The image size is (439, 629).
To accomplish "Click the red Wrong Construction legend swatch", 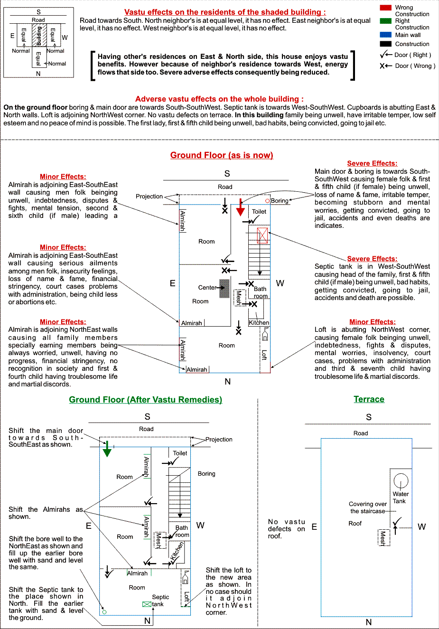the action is (385, 8).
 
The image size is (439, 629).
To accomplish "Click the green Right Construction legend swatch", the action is (385, 21).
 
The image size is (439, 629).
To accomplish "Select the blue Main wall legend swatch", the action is (385, 35).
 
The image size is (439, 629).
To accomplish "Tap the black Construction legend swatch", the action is (385, 44).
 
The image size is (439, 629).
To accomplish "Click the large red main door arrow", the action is (240, 207).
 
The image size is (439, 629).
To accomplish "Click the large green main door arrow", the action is (107, 449).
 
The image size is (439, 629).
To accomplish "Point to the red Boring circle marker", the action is (267, 201).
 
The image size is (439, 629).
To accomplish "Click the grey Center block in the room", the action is (224, 288).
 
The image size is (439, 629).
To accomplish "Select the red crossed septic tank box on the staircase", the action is (262, 235).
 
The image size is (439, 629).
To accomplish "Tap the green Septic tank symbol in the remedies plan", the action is (147, 604).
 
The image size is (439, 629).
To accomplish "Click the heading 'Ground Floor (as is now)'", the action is (222, 155).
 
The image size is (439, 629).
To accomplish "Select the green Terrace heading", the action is (369, 399).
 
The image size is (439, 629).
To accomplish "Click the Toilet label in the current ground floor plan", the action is (259, 211).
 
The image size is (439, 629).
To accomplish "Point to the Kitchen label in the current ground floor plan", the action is (259, 323).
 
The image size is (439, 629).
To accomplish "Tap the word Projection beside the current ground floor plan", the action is (149, 196).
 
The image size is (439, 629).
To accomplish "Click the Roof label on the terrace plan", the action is (355, 524).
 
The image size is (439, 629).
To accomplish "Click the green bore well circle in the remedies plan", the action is (104, 612).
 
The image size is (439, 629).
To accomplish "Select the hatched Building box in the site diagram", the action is (39, 35).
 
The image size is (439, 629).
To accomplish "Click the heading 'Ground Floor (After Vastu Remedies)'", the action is (145, 399).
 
